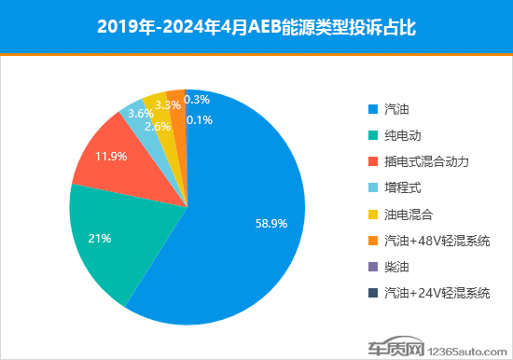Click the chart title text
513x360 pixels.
(x=256, y=27)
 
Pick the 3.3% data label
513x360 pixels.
(x=168, y=106)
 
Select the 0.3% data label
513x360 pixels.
(x=197, y=99)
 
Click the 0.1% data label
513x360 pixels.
(x=197, y=119)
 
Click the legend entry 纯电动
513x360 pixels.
(x=402, y=134)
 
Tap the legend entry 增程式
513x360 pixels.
(x=402, y=187)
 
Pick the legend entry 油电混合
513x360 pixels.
(x=408, y=214)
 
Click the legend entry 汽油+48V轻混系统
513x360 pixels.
(x=437, y=240)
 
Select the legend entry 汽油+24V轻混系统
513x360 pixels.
(x=437, y=293)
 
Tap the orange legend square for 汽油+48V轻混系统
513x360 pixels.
(x=372, y=241)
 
